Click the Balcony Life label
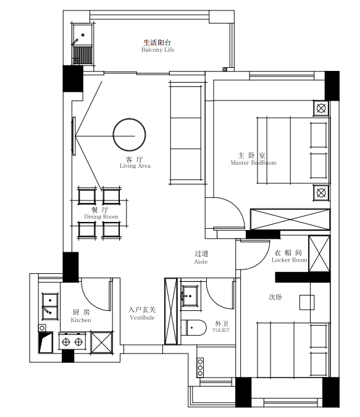click(x=158, y=50)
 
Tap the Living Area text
click(x=135, y=166)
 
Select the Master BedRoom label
click(x=253, y=163)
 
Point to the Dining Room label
click(x=101, y=217)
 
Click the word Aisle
click(x=201, y=262)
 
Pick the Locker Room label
click(x=289, y=260)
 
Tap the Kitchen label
click(x=81, y=320)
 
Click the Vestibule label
click(x=142, y=317)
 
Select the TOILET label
click(x=220, y=330)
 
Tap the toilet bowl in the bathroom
click(x=195, y=328)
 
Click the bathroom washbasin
click(x=190, y=295)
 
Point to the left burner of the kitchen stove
click(x=66, y=342)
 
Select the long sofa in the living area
click(x=187, y=133)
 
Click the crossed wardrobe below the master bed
click(x=290, y=220)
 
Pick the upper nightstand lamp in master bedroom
click(x=321, y=108)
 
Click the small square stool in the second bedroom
click(x=307, y=302)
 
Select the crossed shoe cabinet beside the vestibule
click(x=171, y=311)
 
